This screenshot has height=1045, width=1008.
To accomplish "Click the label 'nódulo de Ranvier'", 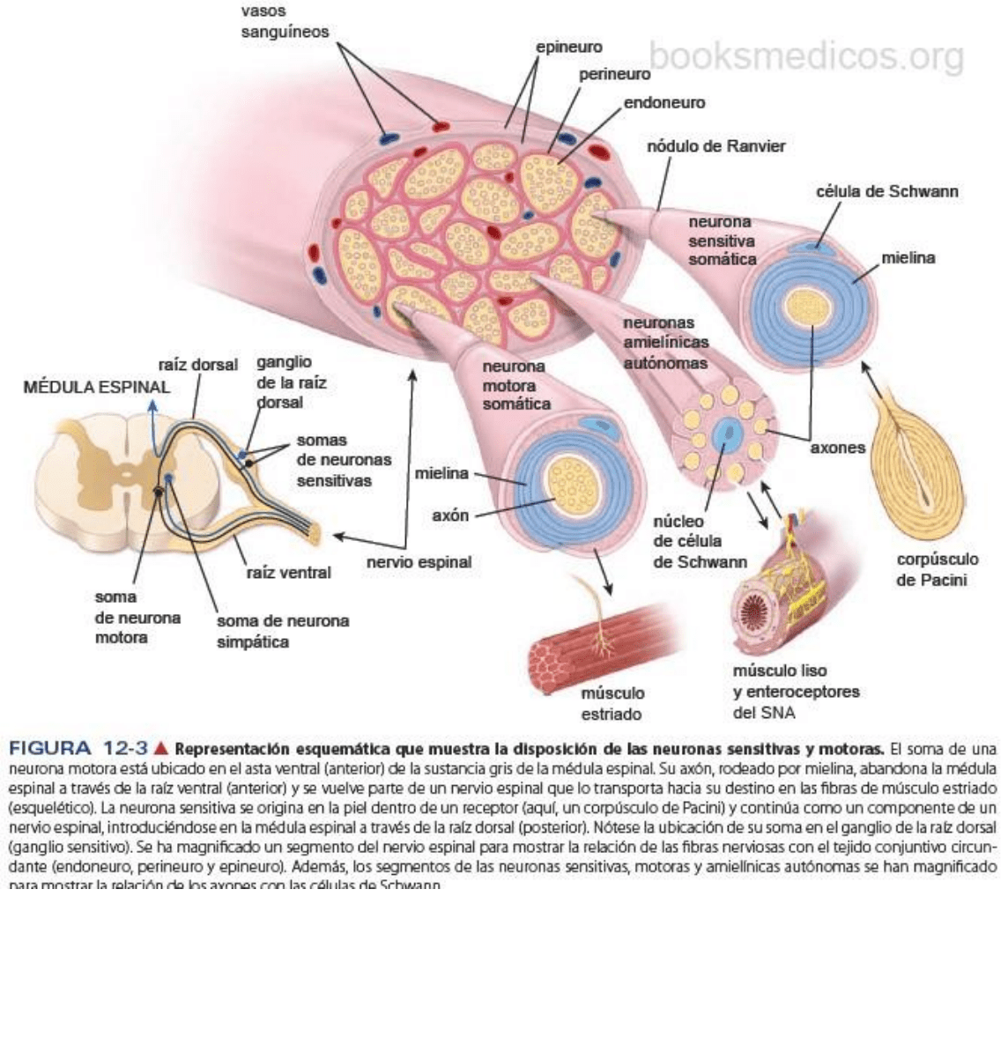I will tap(715, 145).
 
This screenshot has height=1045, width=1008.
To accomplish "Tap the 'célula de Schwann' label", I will tap(886, 191).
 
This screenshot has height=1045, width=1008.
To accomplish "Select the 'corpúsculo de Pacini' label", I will tap(938, 569).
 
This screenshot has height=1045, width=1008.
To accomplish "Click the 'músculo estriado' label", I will tap(611, 703).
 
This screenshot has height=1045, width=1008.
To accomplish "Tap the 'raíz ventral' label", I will tap(289, 573).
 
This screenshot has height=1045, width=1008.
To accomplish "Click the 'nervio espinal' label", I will tap(419, 561).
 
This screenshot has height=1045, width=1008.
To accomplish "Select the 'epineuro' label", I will tap(569, 47).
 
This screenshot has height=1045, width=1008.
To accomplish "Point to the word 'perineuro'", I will tap(615, 75).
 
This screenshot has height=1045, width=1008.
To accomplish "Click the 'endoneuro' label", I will tap(664, 103).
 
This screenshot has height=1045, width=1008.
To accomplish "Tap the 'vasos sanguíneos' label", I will tap(285, 22).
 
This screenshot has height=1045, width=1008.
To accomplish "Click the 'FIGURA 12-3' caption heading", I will tap(78, 750).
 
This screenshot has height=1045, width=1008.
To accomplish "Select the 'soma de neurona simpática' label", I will tap(283, 631).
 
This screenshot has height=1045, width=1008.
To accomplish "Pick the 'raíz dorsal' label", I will tap(198, 365).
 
